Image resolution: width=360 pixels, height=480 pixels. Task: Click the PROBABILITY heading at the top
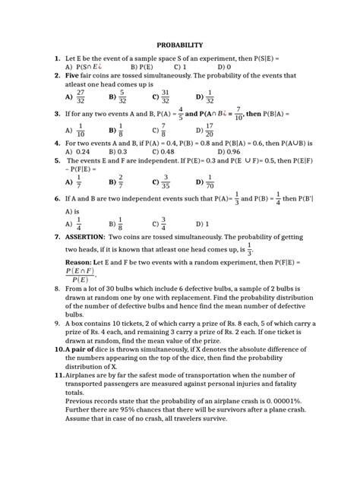(x=179, y=46)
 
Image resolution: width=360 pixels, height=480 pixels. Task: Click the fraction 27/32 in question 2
(x=81, y=97)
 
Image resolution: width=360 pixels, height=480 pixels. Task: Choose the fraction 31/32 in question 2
(x=165, y=97)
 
